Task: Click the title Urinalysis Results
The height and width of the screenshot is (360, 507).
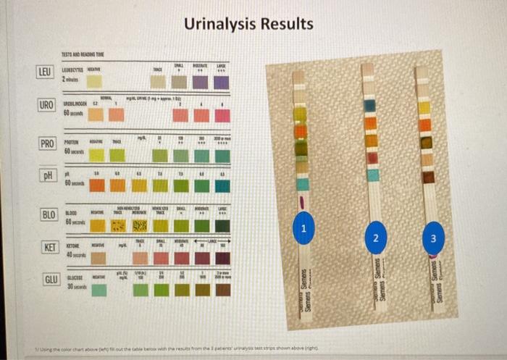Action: pos(248,24)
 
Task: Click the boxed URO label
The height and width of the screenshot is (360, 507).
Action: pos(46,106)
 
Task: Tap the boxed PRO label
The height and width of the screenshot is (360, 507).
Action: pos(47,143)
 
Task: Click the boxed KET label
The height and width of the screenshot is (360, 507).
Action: pos(50,247)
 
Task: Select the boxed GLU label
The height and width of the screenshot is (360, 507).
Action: pos(51,280)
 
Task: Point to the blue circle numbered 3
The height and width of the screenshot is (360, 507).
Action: pos(432,238)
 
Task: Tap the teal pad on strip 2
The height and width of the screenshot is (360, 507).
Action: pos(372,175)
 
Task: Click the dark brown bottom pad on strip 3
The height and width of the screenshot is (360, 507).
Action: pos(428,176)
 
